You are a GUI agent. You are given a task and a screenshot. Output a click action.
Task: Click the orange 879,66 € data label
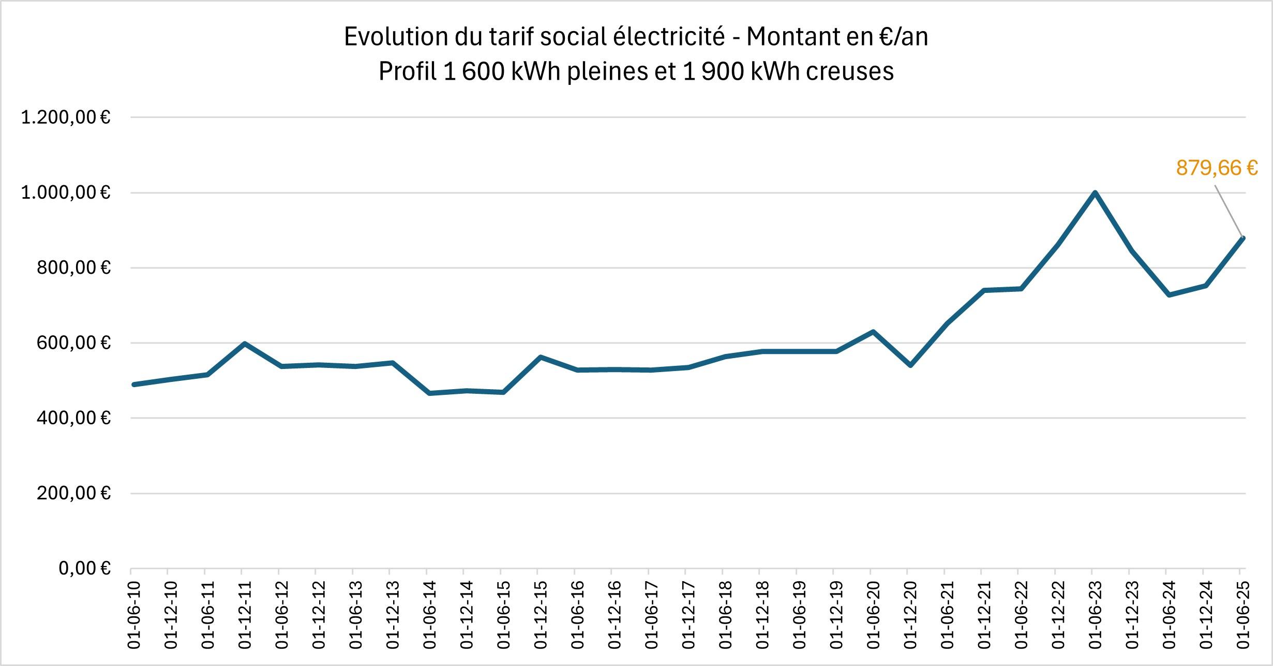(x=1217, y=168)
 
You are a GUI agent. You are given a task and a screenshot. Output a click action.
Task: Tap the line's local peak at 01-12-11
(x=244, y=343)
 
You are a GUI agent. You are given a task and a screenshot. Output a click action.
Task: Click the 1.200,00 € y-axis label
(x=66, y=117)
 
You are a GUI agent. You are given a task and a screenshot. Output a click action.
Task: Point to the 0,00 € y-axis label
(x=85, y=568)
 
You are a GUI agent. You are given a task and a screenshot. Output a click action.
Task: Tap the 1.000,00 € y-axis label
(x=66, y=193)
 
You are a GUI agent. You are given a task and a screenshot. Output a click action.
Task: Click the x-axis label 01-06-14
(x=429, y=615)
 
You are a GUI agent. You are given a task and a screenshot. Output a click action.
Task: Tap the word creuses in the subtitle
(x=850, y=71)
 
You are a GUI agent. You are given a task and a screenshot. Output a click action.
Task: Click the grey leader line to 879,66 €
(x=1229, y=211)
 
